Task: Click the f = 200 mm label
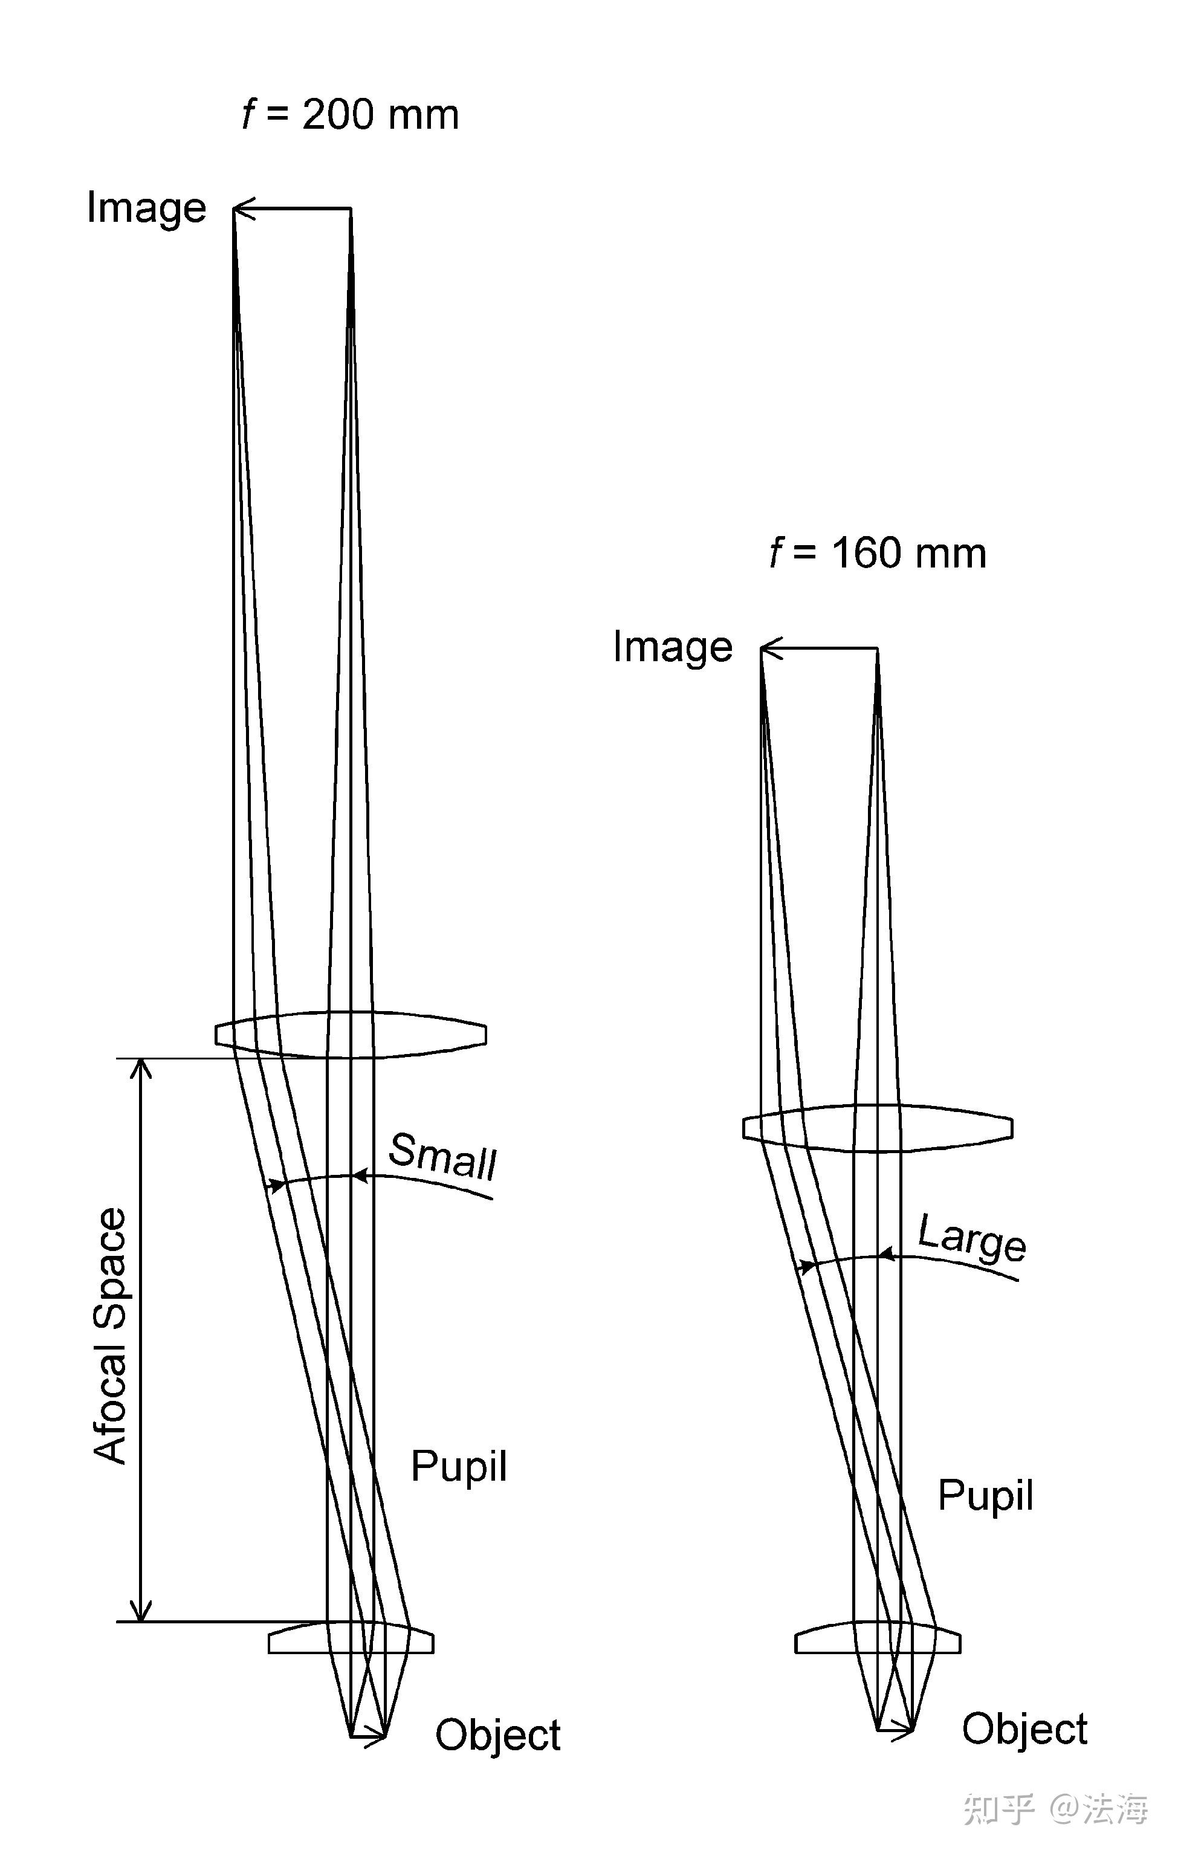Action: pos(350,115)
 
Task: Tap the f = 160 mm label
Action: pos(878,554)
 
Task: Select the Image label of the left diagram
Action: pos(146,208)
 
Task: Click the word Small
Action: pos(442,1156)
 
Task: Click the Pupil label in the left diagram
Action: pos(459,1466)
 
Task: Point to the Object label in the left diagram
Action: pos(498,1736)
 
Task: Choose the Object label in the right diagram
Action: pos(1024,1730)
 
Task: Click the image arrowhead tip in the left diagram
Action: pos(236,208)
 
